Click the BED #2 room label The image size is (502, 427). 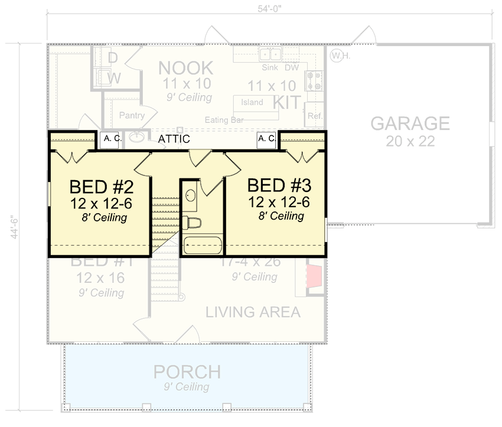[x=102, y=187]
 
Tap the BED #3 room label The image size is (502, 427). [x=279, y=185]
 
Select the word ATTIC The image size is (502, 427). [x=174, y=139]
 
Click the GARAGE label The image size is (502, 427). [x=410, y=124]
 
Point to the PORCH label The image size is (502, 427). [x=187, y=373]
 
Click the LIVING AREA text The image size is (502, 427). [x=253, y=312]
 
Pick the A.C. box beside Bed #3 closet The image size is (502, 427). [x=266, y=139]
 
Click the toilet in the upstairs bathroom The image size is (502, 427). [x=193, y=223]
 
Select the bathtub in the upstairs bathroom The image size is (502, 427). [x=201, y=245]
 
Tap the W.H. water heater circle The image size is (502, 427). [x=337, y=56]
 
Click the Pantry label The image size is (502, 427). [x=132, y=115]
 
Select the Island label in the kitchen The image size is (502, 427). [x=252, y=102]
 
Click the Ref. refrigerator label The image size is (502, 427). [x=315, y=116]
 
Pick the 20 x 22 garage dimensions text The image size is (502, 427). [x=410, y=141]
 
